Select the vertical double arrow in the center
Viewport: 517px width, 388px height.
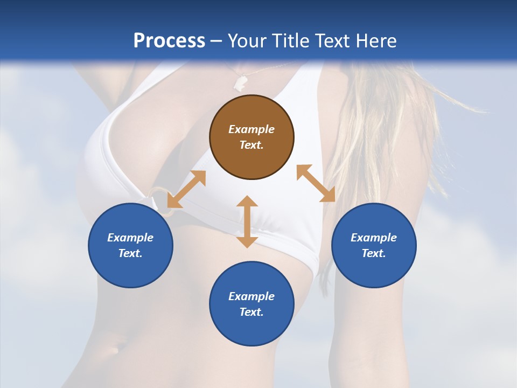click(x=247, y=221)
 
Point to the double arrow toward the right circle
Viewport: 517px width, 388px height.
click(x=316, y=183)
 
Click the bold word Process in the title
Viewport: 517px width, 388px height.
click(x=169, y=40)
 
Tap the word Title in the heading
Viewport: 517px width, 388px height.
click(x=291, y=40)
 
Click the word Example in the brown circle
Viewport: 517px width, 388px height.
click(x=251, y=129)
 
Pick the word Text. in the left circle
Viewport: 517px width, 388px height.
click(x=130, y=253)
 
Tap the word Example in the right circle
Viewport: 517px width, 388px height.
click(x=374, y=238)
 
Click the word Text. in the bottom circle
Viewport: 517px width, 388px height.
click(x=251, y=312)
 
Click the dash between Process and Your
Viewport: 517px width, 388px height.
click(x=216, y=41)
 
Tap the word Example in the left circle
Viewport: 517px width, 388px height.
click(x=130, y=238)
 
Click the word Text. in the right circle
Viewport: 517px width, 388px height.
click(x=374, y=253)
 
